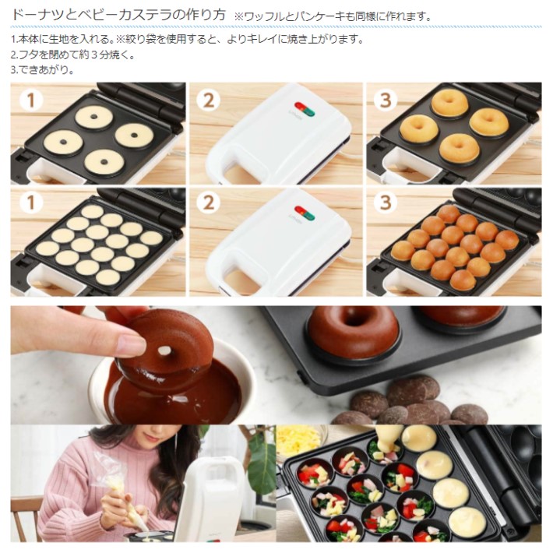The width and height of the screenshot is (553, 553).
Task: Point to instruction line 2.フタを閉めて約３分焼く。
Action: (x=74, y=55)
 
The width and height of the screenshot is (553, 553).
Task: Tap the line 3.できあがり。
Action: (x=43, y=69)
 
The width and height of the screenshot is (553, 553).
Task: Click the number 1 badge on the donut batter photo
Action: (x=30, y=100)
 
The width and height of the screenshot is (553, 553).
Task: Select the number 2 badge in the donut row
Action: (x=209, y=100)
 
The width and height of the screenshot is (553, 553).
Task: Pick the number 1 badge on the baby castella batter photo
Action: (x=30, y=204)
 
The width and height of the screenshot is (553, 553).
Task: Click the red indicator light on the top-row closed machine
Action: (x=298, y=107)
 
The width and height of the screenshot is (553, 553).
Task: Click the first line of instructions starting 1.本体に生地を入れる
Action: (x=187, y=39)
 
